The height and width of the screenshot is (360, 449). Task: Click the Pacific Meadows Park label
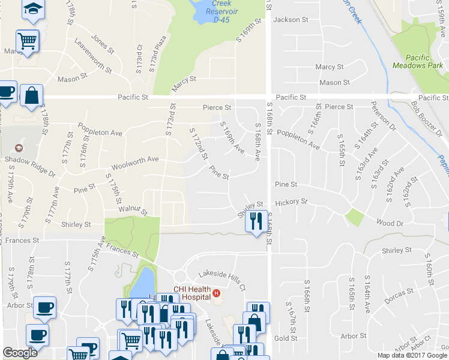point(411,61)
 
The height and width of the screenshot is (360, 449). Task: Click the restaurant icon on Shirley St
point(257,221)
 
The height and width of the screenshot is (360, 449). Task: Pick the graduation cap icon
point(34,8)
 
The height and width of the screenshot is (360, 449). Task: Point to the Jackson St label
point(291,20)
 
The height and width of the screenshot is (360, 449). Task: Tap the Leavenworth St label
point(93,56)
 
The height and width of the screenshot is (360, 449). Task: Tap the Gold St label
point(286,338)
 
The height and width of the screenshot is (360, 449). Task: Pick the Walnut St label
point(133,210)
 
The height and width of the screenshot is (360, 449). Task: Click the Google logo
point(20,353)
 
